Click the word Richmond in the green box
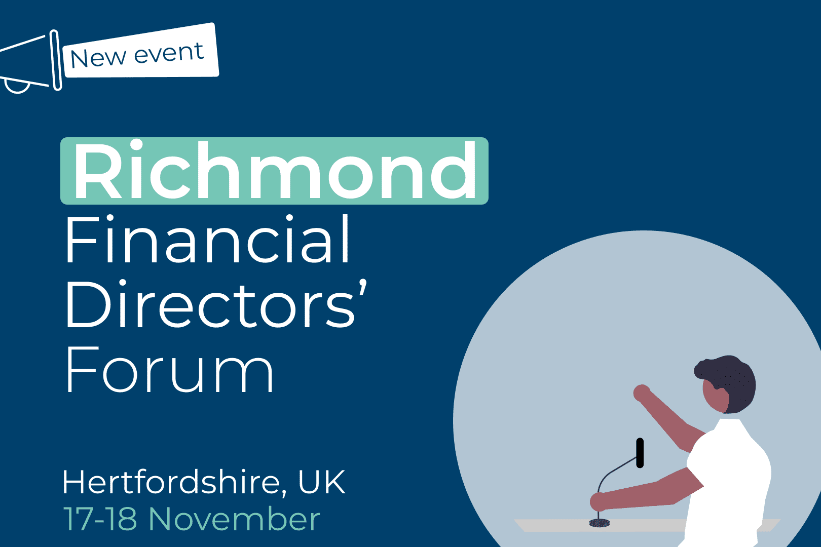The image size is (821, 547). click(x=275, y=170)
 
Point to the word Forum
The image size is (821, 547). click(x=169, y=369)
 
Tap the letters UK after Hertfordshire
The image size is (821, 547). click(x=322, y=482)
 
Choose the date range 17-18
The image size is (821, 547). click(x=100, y=519)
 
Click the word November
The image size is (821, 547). click(x=235, y=519)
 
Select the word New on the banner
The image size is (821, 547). click(x=98, y=58)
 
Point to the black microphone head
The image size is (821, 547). click(x=640, y=453)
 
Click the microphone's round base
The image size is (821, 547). click(x=599, y=523)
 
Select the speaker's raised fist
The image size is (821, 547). click(x=642, y=393)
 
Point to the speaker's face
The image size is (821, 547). click(x=714, y=396)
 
